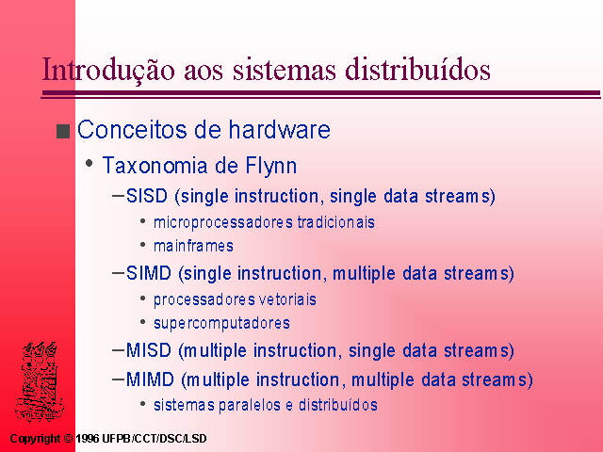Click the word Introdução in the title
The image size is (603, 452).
(108, 70)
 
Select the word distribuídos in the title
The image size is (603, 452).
(417, 69)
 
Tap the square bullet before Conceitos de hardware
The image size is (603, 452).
(63, 131)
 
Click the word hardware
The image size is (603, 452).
(280, 129)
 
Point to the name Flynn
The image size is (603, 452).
(271, 167)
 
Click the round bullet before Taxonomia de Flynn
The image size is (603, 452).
(90, 163)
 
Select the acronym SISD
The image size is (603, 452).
(147, 196)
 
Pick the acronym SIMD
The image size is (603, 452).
(149, 273)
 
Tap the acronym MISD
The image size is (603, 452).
(149, 350)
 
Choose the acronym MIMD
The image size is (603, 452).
(150, 379)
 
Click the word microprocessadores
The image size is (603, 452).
(223, 223)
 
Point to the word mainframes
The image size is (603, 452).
(193, 246)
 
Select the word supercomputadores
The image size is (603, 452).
(221, 324)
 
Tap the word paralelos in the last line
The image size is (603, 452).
(250, 406)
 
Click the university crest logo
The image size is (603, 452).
(40, 381)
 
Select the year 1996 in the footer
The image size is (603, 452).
(88, 439)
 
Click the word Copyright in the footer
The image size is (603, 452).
(35, 439)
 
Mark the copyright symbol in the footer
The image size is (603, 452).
(68, 439)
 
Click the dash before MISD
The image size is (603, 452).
(118, 350)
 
